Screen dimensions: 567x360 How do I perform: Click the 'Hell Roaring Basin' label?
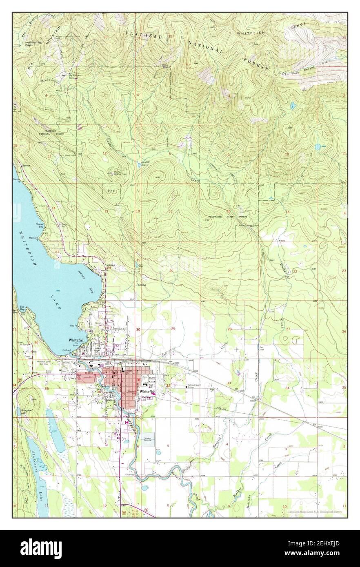click(31, 43)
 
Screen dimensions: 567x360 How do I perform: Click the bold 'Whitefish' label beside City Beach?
click(76, 340)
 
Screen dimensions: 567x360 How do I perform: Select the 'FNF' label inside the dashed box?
click(111, 191)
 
